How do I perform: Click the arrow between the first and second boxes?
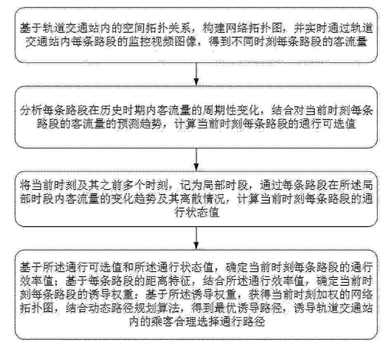pos(196,74)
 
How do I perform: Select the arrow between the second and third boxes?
pos(196,159)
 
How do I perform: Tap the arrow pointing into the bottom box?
pos(196,238)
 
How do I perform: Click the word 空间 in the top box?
pos(138,29)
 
